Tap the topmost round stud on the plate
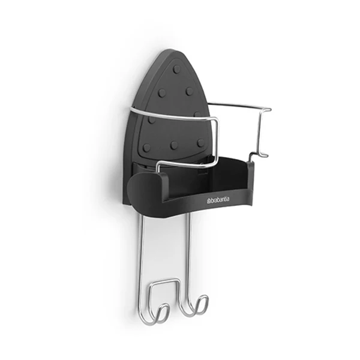point(177,69)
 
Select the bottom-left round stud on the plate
point(146,147)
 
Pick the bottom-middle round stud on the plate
point(174,145)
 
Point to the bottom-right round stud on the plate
point(200,143)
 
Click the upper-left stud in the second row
point(162,93)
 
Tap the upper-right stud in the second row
point(190,91)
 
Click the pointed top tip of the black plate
point(171,50)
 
